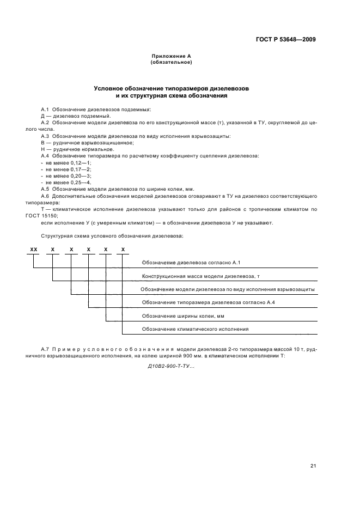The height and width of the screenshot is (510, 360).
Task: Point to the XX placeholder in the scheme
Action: (34, 249)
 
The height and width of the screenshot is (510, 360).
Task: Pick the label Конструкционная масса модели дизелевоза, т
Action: (200, 276)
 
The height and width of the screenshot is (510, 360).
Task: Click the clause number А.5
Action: (45, 189)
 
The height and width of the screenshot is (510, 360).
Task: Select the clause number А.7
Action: (45, 348)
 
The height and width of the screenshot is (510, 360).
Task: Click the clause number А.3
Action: (45, 136)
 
